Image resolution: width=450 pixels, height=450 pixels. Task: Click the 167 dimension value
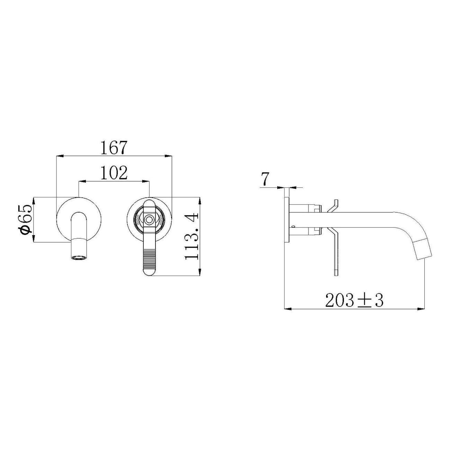click(x=114, y=147)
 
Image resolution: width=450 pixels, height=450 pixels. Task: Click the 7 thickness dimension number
click(x=265, y=179)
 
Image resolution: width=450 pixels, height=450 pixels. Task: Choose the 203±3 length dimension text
click(x=354, y=300)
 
